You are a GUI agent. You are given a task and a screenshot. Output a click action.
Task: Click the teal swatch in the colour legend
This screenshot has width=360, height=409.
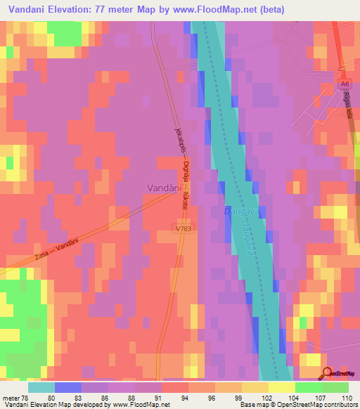click(x=41, y=387)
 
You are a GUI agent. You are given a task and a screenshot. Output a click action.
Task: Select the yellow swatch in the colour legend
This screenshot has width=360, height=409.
click(x=282, y=387)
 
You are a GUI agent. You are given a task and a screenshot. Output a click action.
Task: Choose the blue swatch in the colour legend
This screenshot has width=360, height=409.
click(x=68, y=387)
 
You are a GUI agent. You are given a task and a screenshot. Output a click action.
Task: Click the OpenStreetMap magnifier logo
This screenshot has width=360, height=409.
click(x=326, y=374)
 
